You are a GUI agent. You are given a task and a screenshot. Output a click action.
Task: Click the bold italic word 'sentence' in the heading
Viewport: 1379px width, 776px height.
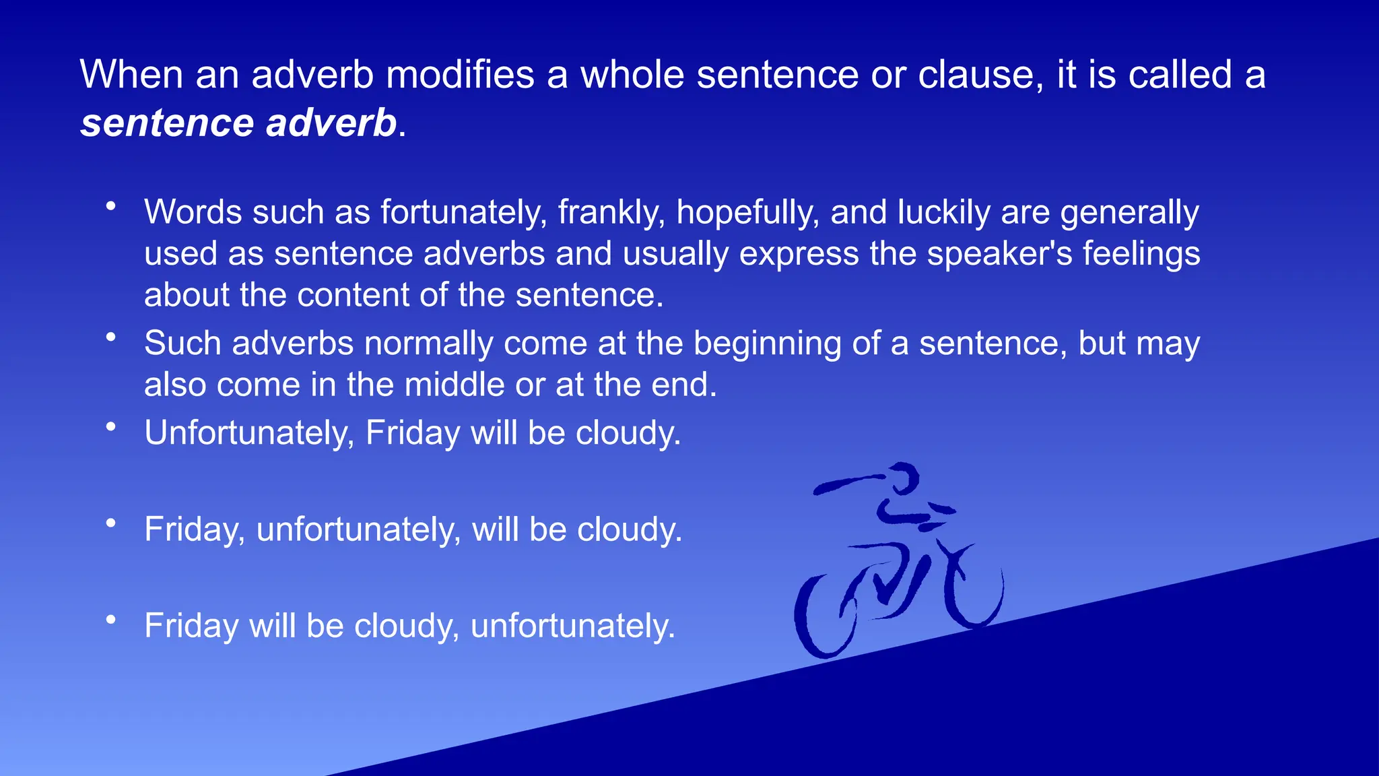pos(167,123)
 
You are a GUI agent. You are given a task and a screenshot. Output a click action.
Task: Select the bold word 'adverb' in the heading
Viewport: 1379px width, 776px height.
pos(331,123)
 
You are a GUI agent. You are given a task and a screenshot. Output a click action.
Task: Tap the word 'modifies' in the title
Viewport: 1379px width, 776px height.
pos(460,74)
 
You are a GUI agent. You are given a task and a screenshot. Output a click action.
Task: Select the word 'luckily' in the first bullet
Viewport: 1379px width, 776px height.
pos(943,213)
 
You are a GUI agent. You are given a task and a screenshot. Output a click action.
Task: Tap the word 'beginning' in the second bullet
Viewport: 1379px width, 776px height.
pos(767,344)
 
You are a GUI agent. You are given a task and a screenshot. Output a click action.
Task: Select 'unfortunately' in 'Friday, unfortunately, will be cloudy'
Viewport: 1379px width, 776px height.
pos(358,529)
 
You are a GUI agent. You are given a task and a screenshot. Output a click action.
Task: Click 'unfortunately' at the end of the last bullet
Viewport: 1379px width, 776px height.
pos(572,626)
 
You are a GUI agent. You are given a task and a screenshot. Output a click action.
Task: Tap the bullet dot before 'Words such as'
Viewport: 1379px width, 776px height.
pos(112,205)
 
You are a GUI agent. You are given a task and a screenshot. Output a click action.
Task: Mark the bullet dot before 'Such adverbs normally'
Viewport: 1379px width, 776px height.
pos(112,337)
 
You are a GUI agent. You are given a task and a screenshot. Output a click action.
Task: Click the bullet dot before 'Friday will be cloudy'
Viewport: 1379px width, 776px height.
pos(112,619)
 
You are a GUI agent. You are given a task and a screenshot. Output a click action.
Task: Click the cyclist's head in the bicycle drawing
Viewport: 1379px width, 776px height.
pos(902,479)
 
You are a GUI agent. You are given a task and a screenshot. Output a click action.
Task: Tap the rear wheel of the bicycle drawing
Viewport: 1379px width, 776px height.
pos(825,616)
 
